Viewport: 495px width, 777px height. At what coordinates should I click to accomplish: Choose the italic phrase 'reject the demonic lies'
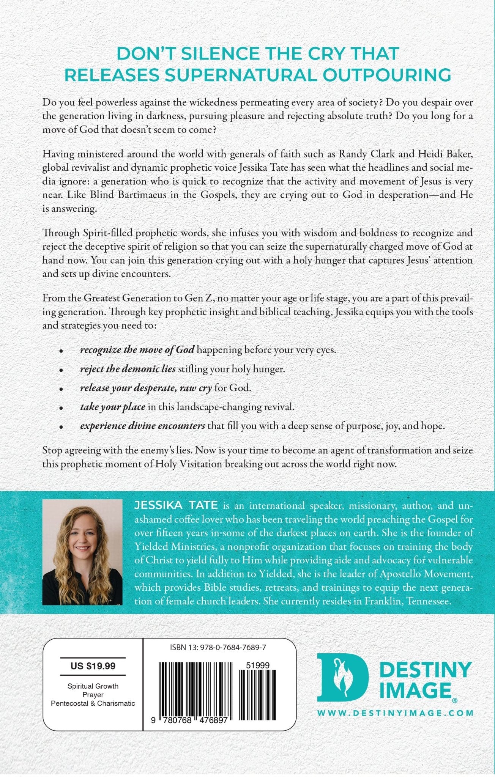pyautogui.click(x=128, y=369)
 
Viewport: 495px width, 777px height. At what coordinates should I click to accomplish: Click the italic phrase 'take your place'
pyautogui.click(x=112, y=407)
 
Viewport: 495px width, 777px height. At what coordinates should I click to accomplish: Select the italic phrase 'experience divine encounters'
pyautogui.click(x=142, y=426)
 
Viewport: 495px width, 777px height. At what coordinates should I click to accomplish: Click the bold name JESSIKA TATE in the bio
pyautogui.click(x=176, y=505)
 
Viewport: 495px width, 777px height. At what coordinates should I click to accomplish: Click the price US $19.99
pyautogui.click(x=93, y=666)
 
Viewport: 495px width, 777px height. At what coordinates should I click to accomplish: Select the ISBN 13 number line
pyautogui.click(x=218, y=648)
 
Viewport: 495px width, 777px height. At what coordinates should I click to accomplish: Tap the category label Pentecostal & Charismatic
pyautogui.click(x=93, y=703)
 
